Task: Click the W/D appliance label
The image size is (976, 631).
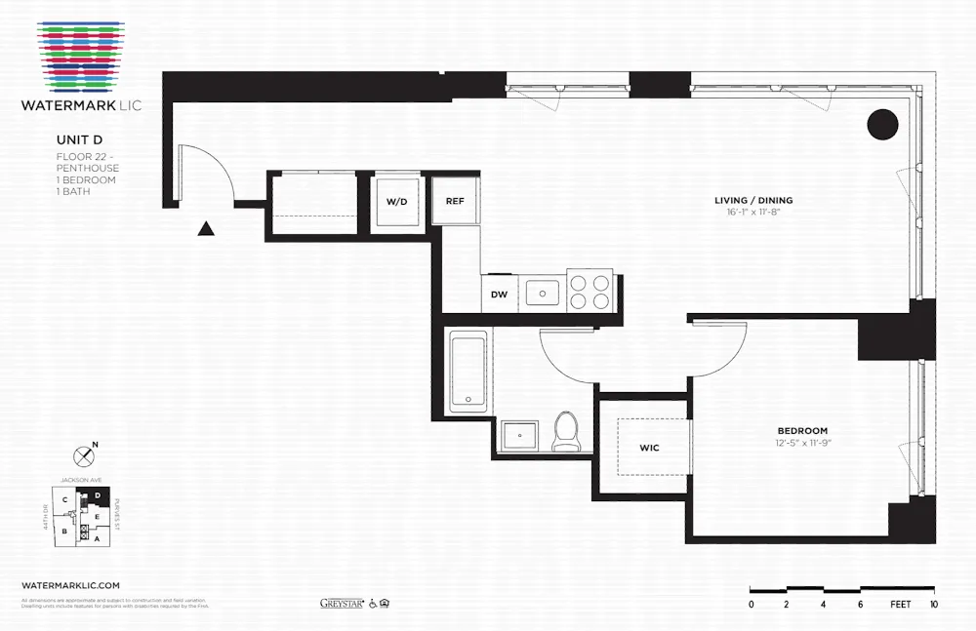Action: (396, 202)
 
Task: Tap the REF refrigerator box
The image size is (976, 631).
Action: (455, 201)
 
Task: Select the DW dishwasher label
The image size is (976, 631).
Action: (499, 294)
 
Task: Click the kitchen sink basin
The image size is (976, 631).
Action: (542, 292)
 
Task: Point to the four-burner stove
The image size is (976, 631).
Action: (590, 291)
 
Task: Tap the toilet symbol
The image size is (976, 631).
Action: (566, 432)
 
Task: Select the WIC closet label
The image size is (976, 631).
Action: (649, 448)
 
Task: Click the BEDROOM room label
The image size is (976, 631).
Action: (802, 431)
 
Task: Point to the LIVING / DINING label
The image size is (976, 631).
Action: (753, 201)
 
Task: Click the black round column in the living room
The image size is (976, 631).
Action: (882, 124)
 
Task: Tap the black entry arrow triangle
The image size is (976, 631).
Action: (206, 229)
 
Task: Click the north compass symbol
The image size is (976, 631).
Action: (84, 454)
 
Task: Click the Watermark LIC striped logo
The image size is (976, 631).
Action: (82, 58)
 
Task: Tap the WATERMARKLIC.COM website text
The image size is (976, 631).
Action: (70, 585)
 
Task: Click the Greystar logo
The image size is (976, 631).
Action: (342, 604)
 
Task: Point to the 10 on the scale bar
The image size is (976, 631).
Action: (933, 605)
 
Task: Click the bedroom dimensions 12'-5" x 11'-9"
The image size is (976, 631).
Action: (802, 444)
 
